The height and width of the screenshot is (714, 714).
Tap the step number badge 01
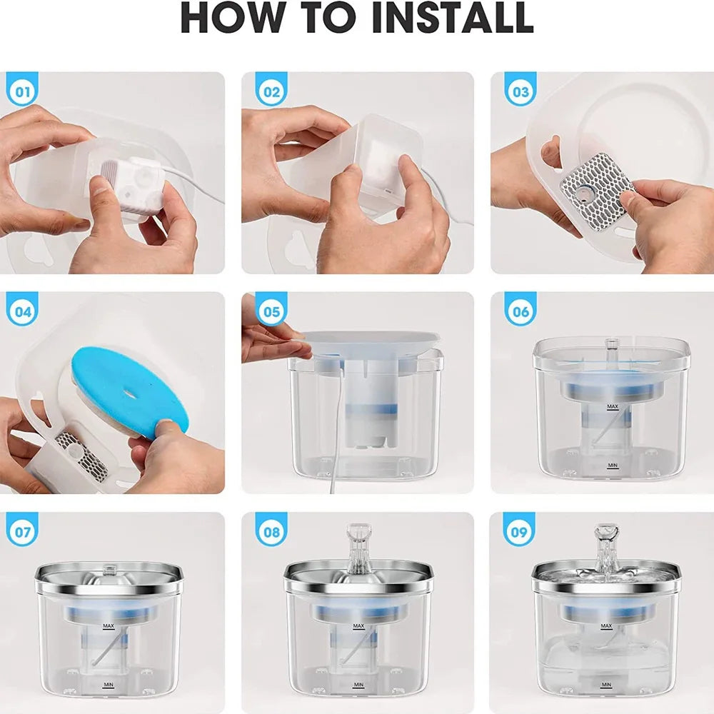[x=22, y=92]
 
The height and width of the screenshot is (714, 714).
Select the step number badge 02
[x=271, y=92]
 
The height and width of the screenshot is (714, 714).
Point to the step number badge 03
[x=521, y=92]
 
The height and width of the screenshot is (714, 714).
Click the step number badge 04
[x=22, y=312]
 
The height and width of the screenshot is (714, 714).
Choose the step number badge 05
[x=271, y=312]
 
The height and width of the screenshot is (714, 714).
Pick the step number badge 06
[x=521, y=312]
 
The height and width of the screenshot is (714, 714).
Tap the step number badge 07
[x=22, y=533]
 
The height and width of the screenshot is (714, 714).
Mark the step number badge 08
[x=271, y=533]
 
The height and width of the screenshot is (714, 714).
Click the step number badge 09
[x=521, y=533]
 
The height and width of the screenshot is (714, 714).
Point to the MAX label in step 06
[x=612, y=406]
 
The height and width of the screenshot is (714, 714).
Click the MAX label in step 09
[x=607, y=625]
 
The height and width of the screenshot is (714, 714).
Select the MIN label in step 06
[x=612, y=465]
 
